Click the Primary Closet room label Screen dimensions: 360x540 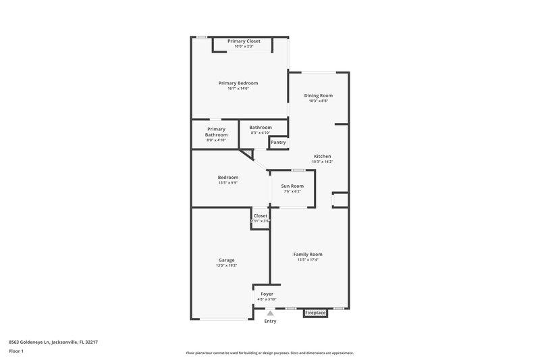[x=243, y=41]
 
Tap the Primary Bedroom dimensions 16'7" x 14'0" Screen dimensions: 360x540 [x=238, y=88]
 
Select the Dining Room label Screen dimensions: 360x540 [x=318, y=95]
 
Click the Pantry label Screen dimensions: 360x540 [x=278, y=143]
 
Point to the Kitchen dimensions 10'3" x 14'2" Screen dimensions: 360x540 [x=322, y=161]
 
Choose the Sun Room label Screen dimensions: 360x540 [x=292, y=186]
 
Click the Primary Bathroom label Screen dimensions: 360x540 [x=216, y=132]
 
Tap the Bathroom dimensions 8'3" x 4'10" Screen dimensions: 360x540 [x=261, y=132]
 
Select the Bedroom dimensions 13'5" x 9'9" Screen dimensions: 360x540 [x=227, y=182]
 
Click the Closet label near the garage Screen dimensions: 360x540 [x=261, y=215]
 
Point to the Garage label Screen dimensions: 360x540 [x=226, y=260]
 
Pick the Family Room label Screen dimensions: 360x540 [x=307, y=254]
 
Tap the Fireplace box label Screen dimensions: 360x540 [x=315, y=313]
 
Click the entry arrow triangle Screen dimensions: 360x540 [x=270, y=313]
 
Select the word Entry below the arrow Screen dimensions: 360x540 [x=270, y=321]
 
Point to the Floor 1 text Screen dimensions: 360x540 [x=16, y=351]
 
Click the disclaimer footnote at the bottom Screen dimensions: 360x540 [x=269, y=353]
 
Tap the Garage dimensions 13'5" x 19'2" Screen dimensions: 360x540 [x=226, y=265]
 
